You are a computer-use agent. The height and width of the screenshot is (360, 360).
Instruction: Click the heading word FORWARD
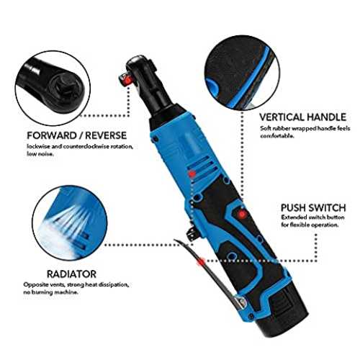point(51,135)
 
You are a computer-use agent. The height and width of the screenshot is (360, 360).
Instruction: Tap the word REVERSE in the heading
point(106,135)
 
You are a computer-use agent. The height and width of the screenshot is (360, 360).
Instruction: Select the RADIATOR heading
point(71,274)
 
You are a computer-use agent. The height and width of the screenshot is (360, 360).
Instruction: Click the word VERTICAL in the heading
point(282,117)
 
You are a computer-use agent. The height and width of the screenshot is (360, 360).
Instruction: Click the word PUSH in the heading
point(293,207)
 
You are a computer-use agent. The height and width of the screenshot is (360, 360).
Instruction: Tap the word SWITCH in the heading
point(327,207)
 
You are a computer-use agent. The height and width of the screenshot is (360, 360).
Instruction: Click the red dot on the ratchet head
point(127,79)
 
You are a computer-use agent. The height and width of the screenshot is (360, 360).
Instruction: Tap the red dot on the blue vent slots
point(192,174)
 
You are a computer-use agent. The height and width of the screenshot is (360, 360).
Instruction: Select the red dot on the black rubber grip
point(242,213)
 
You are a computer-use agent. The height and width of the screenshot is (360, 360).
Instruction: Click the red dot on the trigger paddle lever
point(201,261)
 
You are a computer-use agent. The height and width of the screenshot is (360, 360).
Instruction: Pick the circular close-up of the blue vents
point(70,222)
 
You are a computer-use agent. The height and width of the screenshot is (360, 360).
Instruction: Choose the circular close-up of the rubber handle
point(242,73)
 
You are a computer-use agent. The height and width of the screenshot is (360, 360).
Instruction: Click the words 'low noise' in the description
point(40,154)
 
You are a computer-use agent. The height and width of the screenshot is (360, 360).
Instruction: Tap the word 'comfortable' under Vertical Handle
point(277,136)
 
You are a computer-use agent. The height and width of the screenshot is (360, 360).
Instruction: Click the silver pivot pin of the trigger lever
point(241,301)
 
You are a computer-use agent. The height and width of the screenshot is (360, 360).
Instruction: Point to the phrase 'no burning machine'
point(50,292)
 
